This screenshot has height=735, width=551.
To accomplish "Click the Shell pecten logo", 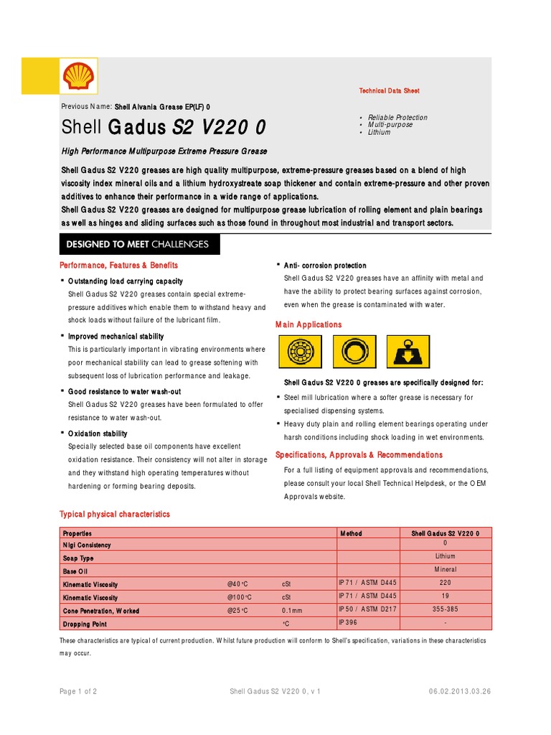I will (78, 75).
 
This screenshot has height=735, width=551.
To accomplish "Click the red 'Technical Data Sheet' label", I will (389, 91).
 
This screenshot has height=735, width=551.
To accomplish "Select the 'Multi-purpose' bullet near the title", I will (390, 125).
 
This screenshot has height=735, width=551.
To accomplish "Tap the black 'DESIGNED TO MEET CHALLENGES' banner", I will (139, 244).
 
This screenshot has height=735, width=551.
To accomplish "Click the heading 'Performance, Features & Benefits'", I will (118, 266).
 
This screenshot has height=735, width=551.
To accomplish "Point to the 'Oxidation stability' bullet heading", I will (98, 434).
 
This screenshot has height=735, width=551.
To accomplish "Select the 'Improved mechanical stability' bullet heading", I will (116, 336).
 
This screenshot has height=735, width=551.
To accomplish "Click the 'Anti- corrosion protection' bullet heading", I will (325, 266).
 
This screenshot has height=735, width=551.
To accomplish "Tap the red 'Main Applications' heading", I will (309, 325).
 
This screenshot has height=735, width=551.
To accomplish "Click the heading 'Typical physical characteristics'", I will (115, 515).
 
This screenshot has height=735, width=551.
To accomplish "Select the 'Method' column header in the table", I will (351, 533).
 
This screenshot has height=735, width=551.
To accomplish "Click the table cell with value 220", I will (446, 584).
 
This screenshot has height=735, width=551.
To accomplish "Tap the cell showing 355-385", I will (446, 609).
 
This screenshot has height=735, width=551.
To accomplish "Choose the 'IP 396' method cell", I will (348, 622).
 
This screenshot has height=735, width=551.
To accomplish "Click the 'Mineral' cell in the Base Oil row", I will (446, 570).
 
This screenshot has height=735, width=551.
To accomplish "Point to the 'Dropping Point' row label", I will (85, 624).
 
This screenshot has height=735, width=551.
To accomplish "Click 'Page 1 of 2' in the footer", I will (78, 691).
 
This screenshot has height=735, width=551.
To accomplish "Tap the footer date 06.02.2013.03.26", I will (459, 691).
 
